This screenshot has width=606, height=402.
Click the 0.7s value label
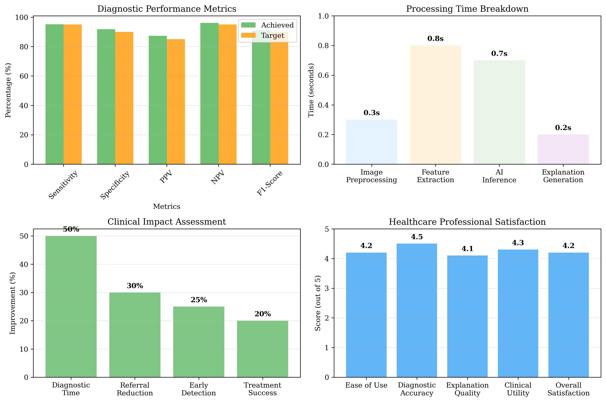[x=499, y=54]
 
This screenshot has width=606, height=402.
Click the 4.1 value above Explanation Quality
[x=467, y=249]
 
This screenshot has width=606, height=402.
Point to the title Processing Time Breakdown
[x=467, y=9]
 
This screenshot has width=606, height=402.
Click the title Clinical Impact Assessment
[x=167, y=222]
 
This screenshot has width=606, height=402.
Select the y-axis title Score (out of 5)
[x=318, y=303]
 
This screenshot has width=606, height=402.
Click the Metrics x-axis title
[x=167, y=206]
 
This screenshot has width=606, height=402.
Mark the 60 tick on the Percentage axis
[x=24, y=76]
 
